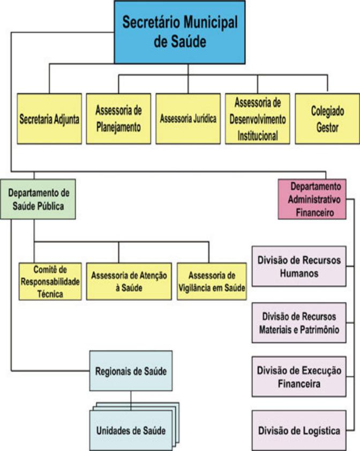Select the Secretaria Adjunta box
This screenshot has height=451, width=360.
[x=49, y=119]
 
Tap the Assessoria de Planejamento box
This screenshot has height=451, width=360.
[x=118, y=119]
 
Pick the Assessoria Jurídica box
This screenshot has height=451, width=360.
[x=188, y=119]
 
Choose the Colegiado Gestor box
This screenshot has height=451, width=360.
[x=327, y=119]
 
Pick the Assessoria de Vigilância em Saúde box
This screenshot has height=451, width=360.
[x=212, y=280]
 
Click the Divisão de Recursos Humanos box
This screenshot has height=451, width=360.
[x=299, y=267]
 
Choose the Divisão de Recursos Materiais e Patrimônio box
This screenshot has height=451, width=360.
[x=299, y=322]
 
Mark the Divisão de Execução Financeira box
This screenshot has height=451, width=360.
[x=299, y=378]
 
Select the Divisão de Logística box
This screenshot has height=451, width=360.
[x=299, y=430]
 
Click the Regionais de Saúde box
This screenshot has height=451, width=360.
[x=130, y=370]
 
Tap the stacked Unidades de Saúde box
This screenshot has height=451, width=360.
[x=130, y=430]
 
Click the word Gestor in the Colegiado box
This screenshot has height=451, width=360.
[x=327, y=128]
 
